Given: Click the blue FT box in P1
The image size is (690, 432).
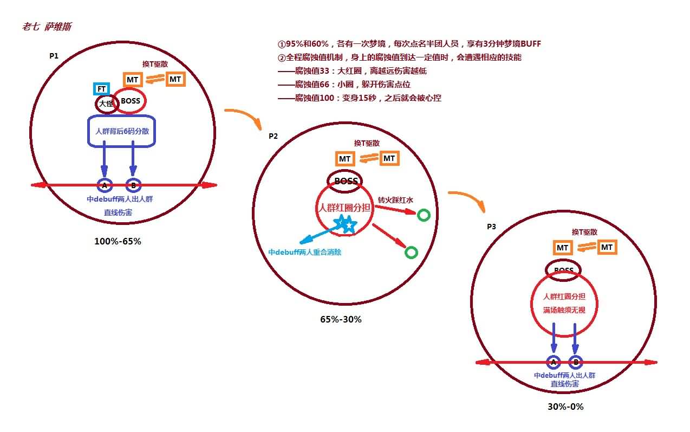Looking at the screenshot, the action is click(101, 89).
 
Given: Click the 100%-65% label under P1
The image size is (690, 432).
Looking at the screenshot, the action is click(118, 241).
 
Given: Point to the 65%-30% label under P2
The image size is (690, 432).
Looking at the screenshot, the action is click(341, 319).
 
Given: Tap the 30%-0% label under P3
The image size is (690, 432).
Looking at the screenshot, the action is click(565, 407).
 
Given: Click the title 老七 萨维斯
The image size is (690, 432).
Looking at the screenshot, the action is click(47, 27).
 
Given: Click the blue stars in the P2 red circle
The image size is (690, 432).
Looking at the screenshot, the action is click(346, 224).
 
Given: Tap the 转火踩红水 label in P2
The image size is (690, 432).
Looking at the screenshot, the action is click(395, 200).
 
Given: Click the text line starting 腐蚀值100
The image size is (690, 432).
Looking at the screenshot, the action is click(360, 98).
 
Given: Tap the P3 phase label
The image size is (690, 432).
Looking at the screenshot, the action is click(491, 227).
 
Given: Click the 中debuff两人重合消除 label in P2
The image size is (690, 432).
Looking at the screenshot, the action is click(305, 252).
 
